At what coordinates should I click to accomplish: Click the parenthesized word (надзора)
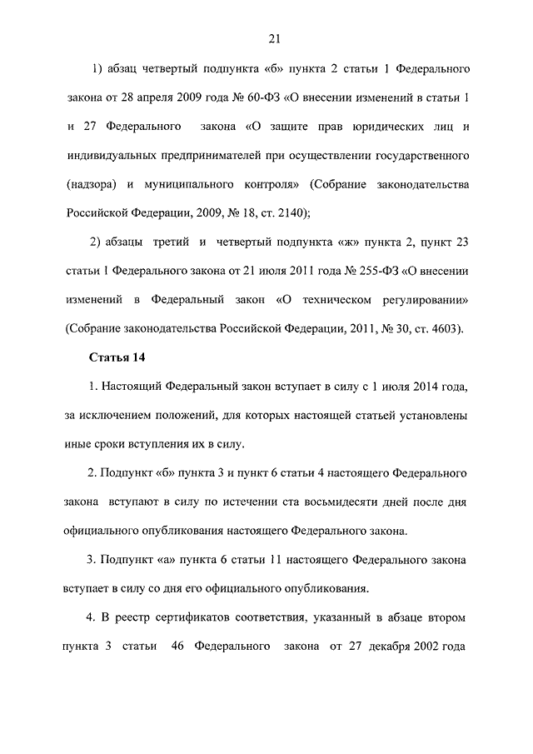87,184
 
